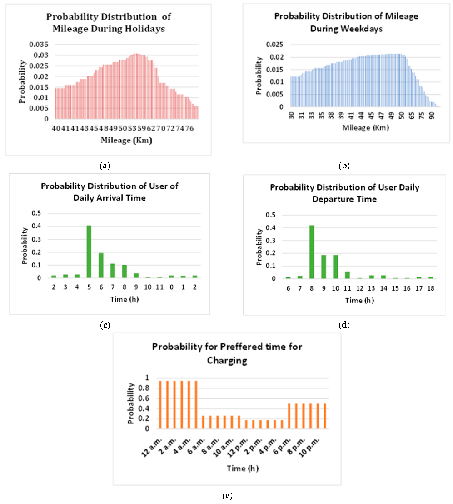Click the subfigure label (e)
pos(227,496)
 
